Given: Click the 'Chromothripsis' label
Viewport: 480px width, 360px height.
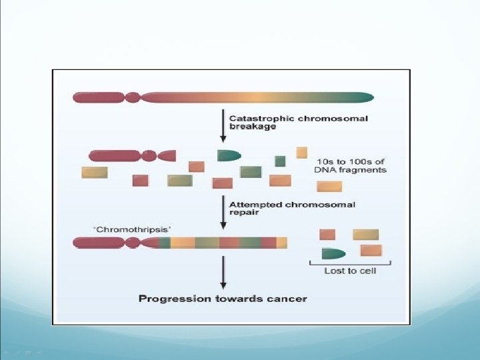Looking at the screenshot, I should pos(132,229).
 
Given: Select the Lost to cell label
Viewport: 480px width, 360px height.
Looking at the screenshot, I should pos(349,271).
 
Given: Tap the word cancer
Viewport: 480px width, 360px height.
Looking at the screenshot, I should pos(287,299).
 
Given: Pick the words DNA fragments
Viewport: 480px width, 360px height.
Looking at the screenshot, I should pos(350,170).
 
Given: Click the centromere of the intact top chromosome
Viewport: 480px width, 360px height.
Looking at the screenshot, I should pos(133,97).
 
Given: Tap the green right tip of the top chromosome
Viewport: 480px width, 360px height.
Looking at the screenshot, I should pos(363,97).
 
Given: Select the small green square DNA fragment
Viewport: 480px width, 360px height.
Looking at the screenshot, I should pos(280,161).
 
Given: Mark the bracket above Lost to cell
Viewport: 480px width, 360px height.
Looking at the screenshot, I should pos(349,263).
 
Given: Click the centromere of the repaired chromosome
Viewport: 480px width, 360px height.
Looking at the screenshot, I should pos(132,243).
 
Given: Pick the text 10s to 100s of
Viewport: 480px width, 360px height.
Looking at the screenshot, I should pos(349,161).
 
